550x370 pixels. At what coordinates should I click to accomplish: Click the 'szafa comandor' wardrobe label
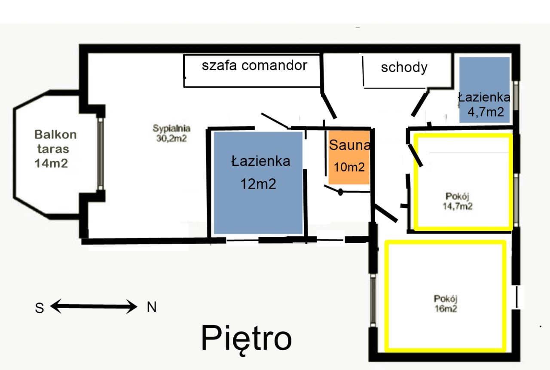pyautogui.click(x=254, y=65)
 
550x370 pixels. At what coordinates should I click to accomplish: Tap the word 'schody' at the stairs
pyautogui.click(x=404, y=67)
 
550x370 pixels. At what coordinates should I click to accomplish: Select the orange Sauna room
pyautogui.click(x=349, y=157)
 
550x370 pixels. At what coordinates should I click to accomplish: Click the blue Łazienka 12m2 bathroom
pyautogui.click(x=258, y=183)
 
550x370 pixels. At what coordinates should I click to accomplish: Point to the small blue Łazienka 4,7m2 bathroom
pyautogui.click(x=484, y=90)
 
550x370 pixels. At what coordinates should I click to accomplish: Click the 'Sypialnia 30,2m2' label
pyautogui.click(x=171, y=133)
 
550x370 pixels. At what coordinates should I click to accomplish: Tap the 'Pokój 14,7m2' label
pyautogui.click(x=458, y=201)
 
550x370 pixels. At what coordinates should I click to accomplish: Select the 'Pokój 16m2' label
pyautogui.click(x=446, y=303)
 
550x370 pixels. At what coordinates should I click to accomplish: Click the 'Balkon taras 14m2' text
pyautogui.click(x=55, y=149)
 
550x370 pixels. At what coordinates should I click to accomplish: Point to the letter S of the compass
pyautogui.click(x=40, y=308)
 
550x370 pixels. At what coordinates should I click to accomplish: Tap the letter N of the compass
pyautogui.click(x=152, y=307)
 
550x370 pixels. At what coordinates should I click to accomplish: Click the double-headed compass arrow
pyautogui.click(x=94, y=306)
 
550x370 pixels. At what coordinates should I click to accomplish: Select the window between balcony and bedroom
pyautogui.click(x=101, y=154)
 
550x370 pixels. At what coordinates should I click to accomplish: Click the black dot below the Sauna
pyautogui.click(x=340, y=192)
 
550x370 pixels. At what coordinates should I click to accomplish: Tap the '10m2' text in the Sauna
pyautogui.click(x=349, y=167)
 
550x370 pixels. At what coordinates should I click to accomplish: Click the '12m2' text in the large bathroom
pyautogui.click(x=258, y=184)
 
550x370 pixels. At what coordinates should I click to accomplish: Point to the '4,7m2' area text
pyautogui.click(x=486, y=112)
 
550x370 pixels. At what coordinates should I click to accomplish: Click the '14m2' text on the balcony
pyautogui.click(x=51, y=163)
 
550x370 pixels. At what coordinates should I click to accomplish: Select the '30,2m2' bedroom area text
pyautogui.click(x=171, y=138)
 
